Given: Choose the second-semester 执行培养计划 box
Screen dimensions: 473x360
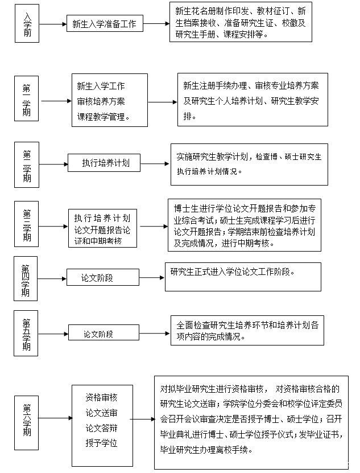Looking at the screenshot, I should point(104,163).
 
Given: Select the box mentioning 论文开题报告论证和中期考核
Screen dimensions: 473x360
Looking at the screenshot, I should point(102,227).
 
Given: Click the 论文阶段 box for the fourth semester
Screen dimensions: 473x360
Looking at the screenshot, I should point(102,278).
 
